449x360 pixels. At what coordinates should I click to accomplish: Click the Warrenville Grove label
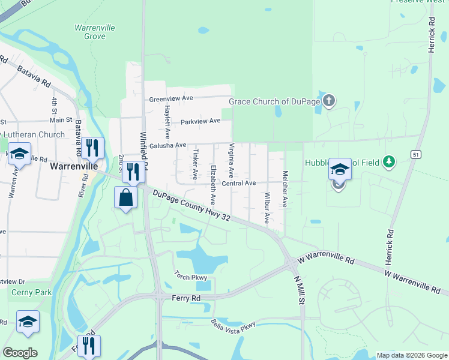point(95,32)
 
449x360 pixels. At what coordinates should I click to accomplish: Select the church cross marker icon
point(328,100)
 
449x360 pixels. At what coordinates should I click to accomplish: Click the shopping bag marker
point(125,197)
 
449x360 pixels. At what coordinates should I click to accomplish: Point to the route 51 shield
point(415,155)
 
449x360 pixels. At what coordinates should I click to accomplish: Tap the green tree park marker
point(390,161)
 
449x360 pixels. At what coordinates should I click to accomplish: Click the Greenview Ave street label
point(171,98)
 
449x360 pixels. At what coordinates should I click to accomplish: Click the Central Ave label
point(239,183)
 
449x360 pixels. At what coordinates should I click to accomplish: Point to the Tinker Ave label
point(195,165)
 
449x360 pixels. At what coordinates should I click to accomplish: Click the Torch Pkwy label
point(190,277)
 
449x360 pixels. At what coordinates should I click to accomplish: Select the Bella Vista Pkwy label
point(233,325)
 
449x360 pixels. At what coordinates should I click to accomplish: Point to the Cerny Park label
point(31,292)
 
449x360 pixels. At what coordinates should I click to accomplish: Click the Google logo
point(20,353)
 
